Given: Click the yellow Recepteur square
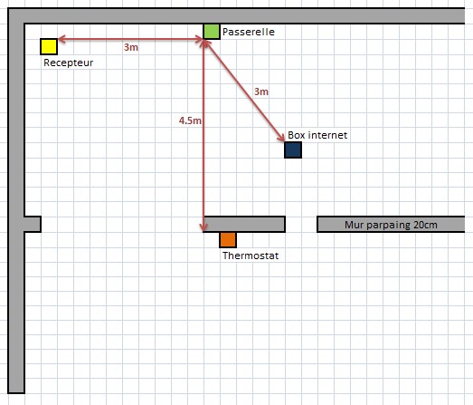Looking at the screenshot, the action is (x=49, y=47).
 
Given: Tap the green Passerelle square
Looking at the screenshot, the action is (x=212, y=32).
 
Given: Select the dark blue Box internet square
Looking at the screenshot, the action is (x=293, y=149).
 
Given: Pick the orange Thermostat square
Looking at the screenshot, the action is (x=228, y=240).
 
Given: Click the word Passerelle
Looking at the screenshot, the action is (x=249, y=32).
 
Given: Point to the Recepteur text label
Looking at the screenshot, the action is (x=68, y=63).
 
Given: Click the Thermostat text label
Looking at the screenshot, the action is (x=251, y=256).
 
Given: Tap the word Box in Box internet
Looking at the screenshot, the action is (x=297, y=135).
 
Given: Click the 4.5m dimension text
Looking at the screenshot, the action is (x=190, y=121).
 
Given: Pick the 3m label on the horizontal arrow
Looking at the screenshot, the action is (x=131, y=47).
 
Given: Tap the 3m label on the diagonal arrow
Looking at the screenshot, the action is (x=261, y=92).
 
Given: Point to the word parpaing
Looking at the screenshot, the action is (x=389, y=226).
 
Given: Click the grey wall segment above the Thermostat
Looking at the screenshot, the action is (x=244, y=225).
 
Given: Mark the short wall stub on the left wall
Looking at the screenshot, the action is (x=33, y=225).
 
